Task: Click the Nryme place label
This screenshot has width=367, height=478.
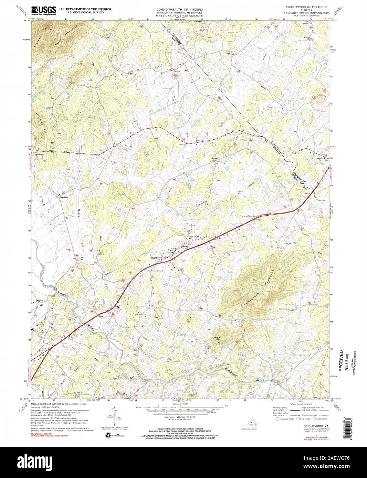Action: [x=214, y=158]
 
